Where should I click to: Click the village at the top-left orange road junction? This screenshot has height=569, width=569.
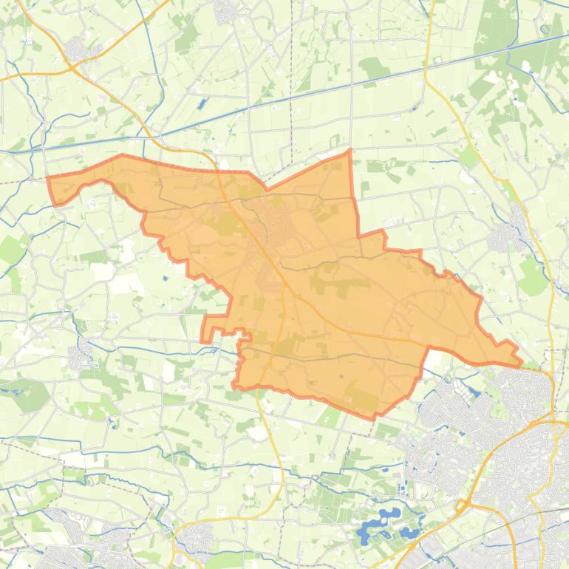[76, 50]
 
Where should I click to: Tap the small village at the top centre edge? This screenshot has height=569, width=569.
[225, 10]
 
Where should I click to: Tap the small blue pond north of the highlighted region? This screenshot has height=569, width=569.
[200, 104]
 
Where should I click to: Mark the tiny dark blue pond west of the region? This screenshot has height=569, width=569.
[165, 279]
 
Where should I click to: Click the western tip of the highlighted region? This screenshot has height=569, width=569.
[49, 179]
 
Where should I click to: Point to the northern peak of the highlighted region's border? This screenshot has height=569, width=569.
[350, 151]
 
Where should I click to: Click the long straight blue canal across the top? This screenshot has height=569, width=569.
[296, 96]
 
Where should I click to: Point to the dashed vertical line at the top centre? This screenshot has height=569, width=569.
[293, 74]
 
